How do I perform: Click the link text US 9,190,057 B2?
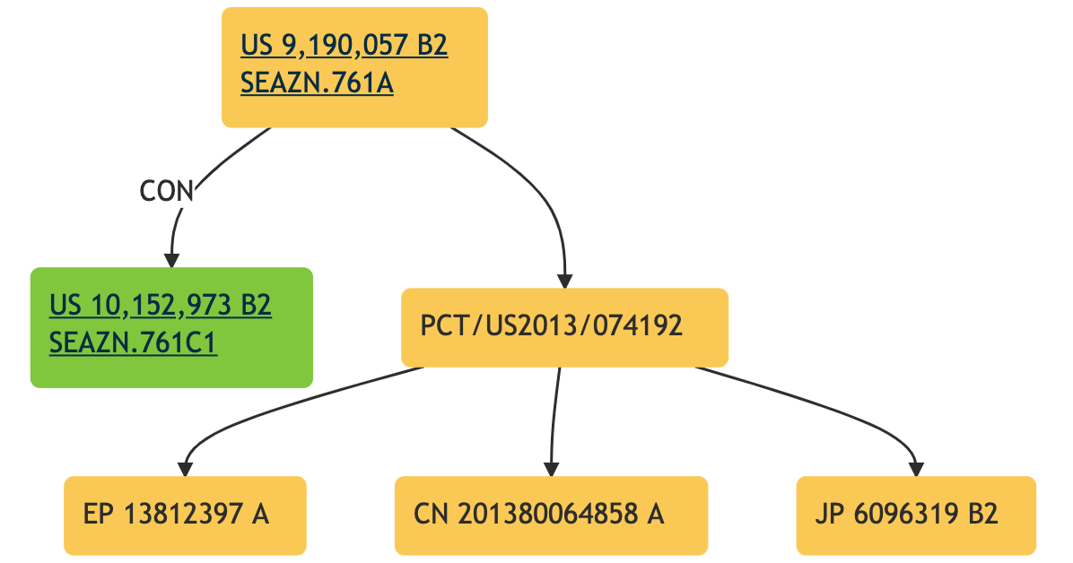[344, 46]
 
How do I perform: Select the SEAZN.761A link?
[317, 84]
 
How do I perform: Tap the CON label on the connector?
[167, 191]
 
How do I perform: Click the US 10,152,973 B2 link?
[161, 306]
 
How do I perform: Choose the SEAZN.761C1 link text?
[133, 343]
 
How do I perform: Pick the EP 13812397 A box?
[185, 515]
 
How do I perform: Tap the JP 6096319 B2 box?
[916, 515]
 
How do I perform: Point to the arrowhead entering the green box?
[170, 259]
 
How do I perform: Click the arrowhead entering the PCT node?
[564, 280]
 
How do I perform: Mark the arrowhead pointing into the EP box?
[185, 468]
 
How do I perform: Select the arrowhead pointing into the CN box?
[551, 468]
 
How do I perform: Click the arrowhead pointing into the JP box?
[916, 468]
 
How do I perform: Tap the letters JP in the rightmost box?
[829, 515]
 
